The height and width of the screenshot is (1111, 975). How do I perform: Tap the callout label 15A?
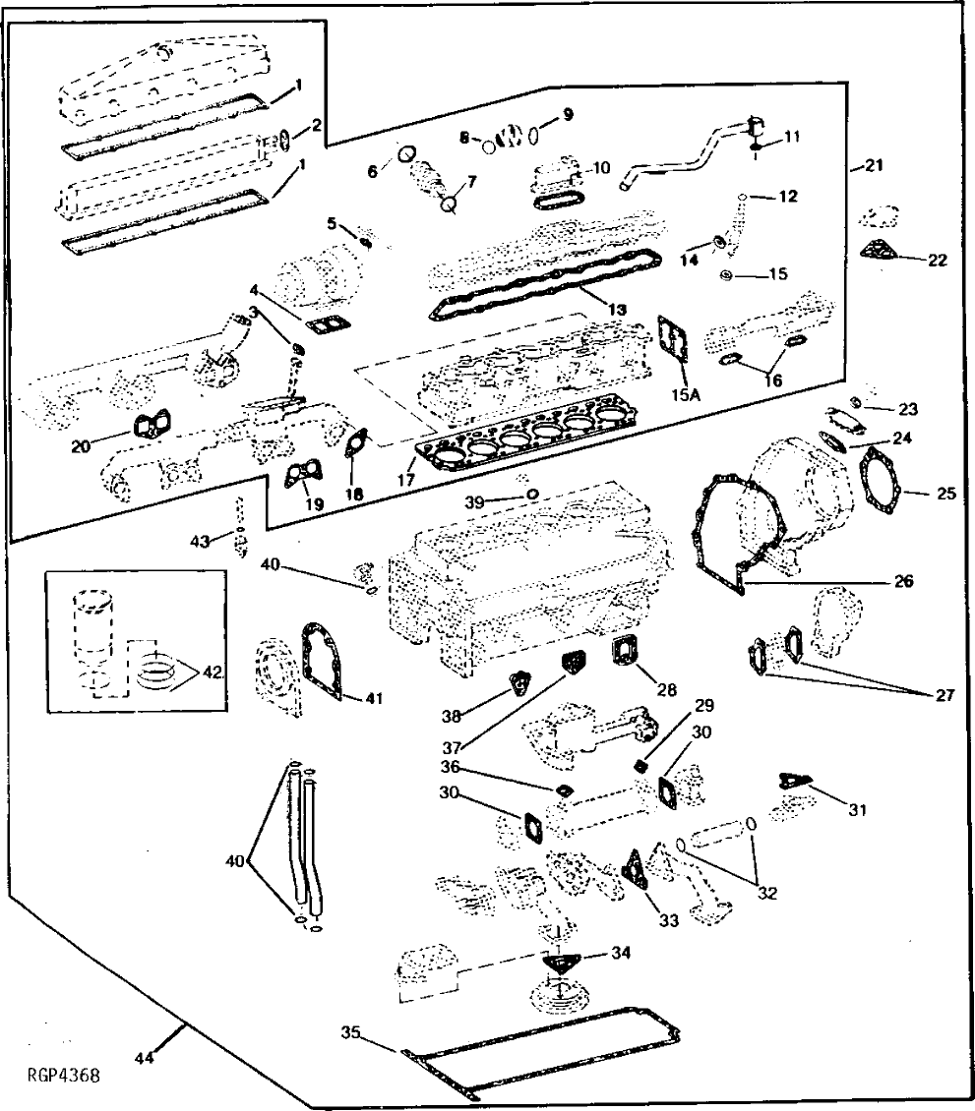[x=685, y=395]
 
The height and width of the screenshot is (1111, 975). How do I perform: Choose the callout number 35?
[x=351, y=1032]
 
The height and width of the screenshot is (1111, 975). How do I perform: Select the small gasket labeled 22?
[x=881, y=251]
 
